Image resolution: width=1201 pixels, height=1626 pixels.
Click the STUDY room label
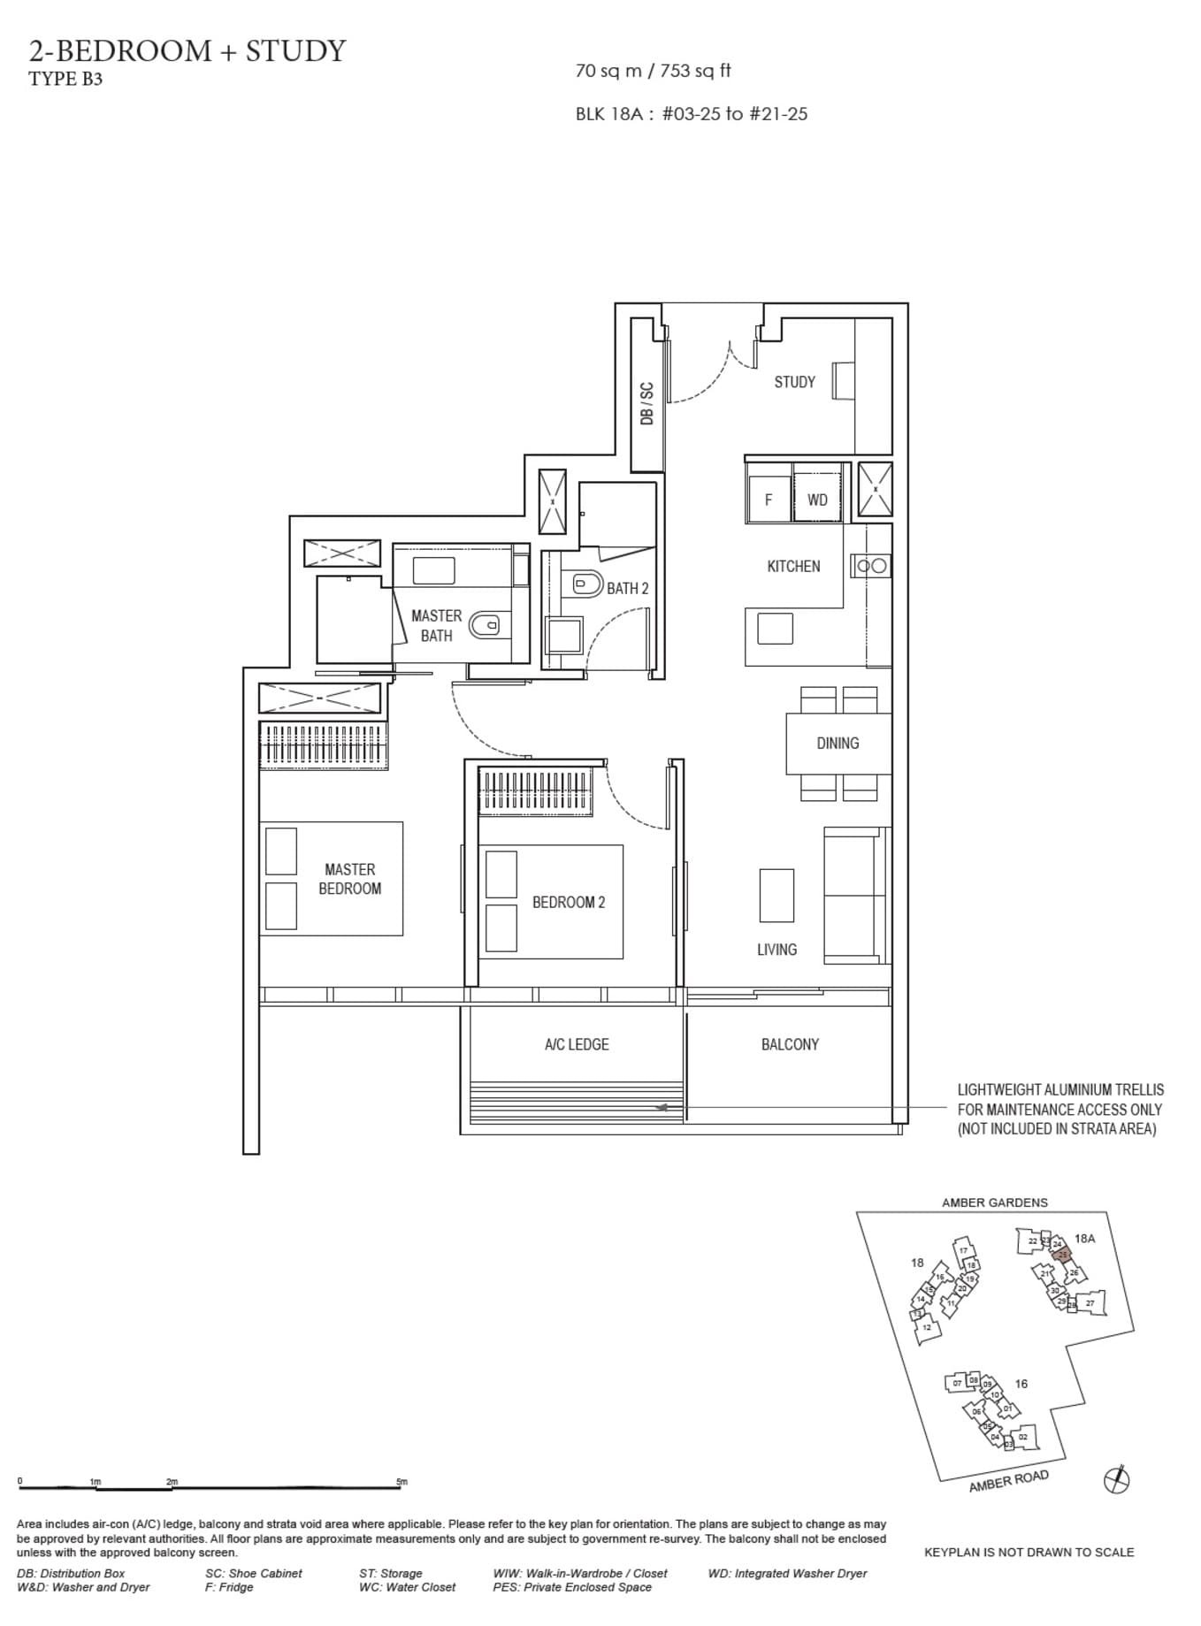click(x=794, y=382)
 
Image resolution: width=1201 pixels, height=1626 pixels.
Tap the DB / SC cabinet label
click(x=646, y=403)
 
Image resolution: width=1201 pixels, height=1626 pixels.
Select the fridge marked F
click(x=768, y=500)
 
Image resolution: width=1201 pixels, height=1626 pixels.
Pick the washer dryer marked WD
click(x=817, y=500)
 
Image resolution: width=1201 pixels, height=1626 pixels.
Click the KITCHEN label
click(x=793, y=566)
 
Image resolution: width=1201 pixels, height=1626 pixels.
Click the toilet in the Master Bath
click(x=484, y=625)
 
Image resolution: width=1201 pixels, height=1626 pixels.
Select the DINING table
click(x=838, y=743)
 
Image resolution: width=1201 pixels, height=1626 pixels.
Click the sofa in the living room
click(x=855, y=895)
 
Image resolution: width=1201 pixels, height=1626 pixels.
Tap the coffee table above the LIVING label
click(x=776, y=895)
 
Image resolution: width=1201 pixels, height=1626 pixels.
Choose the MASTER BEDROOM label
click(x=350, y=879)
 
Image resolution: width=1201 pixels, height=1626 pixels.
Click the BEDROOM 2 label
click(x=569, y=903)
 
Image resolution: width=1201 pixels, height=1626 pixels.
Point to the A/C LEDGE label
click(x=577, y=1044)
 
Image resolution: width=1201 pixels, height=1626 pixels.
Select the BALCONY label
click(x=790, y=1044)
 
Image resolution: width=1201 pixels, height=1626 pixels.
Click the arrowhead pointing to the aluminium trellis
click(x=659, y=1107)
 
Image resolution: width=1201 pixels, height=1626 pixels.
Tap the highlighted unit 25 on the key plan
click(x=1063, y=1255)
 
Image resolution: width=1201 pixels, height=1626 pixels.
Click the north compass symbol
click(x=1117, y=1479)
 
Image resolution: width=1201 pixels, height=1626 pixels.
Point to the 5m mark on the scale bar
click(x=402, y=1481)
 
